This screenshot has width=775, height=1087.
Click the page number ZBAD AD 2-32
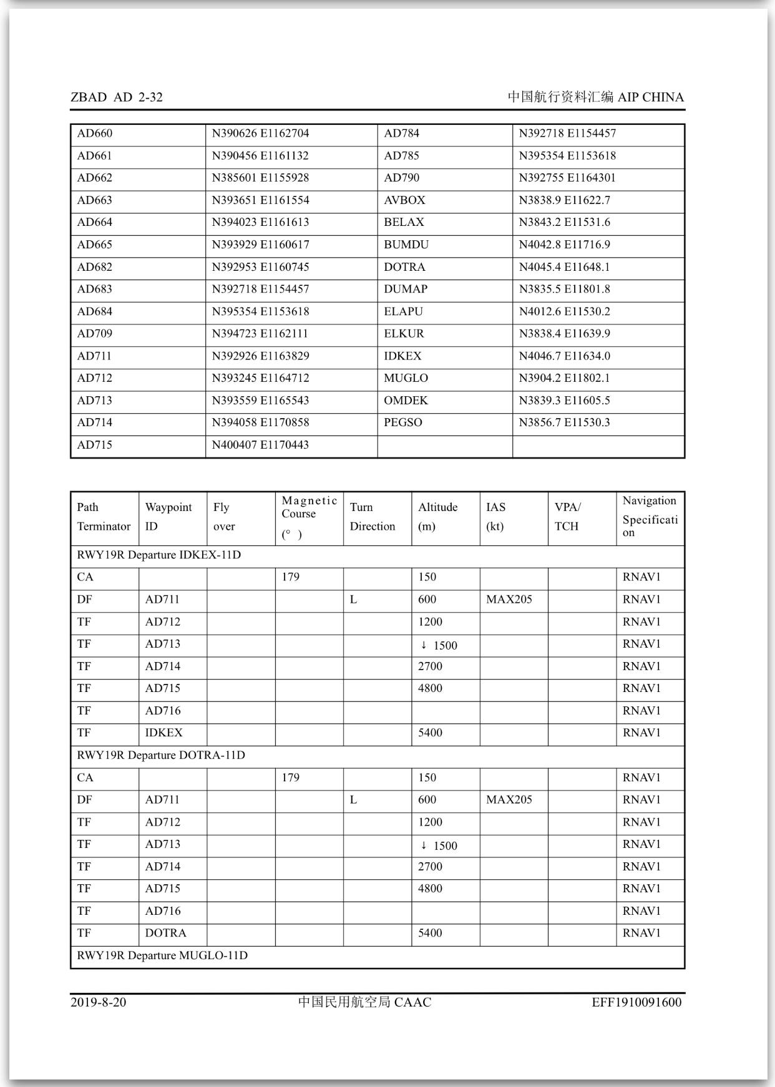(x=116, y=97)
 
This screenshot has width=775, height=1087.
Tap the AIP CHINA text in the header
(x=650, y=97)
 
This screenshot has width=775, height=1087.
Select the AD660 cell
(x=95, y=134)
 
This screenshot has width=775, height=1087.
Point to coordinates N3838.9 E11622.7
(x=564, y=200)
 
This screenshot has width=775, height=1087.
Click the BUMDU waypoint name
(x=406, y=245)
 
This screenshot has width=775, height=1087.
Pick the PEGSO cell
(x=403, y=422)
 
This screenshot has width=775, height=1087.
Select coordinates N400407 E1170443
(x=260, y=445)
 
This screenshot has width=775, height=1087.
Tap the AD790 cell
(x=402, y=178)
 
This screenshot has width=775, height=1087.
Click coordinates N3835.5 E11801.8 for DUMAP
(x=564, y=289)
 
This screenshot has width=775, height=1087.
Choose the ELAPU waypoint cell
(x=403, y=311)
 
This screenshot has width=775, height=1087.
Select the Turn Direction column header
(x=373, y=517)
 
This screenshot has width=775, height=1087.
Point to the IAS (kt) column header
(x=496, y=517)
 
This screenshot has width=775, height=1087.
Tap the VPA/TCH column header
(x=567, y=517)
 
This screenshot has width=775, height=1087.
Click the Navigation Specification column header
(x=650, y=517)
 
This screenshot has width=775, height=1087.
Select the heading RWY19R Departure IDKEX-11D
(x=158, y=555)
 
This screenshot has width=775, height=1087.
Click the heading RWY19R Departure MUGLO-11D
(x=162, y=955)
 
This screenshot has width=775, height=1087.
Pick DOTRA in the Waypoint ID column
(x=165, y=933)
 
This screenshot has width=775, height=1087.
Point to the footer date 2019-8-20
(x=98, y=1002)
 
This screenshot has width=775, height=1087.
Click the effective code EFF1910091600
(x=636, y=1002)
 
